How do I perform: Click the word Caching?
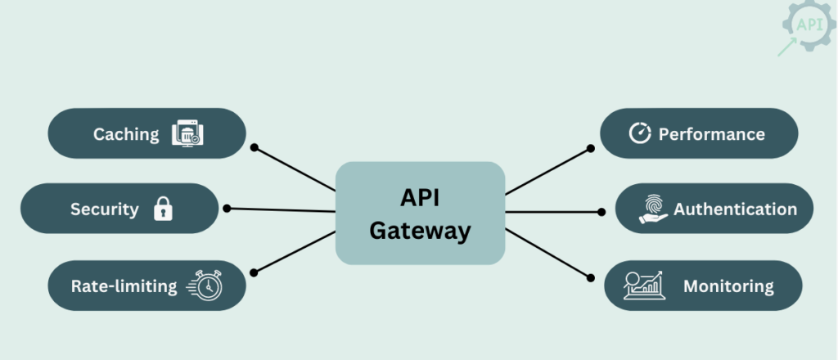tap(126, 133)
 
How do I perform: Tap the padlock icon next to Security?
tap(164, 209)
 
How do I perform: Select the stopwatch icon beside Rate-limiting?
tap(205, 286)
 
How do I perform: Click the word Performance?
tap(711, 134)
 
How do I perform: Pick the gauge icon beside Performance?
tap(640, 133)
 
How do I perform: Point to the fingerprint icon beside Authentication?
tap(653, 209)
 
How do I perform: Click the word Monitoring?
tap(728, 286)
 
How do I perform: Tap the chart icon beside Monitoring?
tap(645, 286)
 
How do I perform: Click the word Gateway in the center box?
tap(420, 231)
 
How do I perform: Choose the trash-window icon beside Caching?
tap(187, 133)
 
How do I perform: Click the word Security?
tap(104, 209)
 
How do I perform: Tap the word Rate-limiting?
tap(124, 286)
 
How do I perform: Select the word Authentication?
tap(735, 209)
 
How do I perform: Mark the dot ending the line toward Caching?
tap(255, 147)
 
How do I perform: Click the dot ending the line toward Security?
tap(227, 208)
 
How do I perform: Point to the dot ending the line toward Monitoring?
tap(589, 278)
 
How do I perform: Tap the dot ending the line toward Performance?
tap(591, 148)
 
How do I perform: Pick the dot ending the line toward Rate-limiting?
tap(255, 272)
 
